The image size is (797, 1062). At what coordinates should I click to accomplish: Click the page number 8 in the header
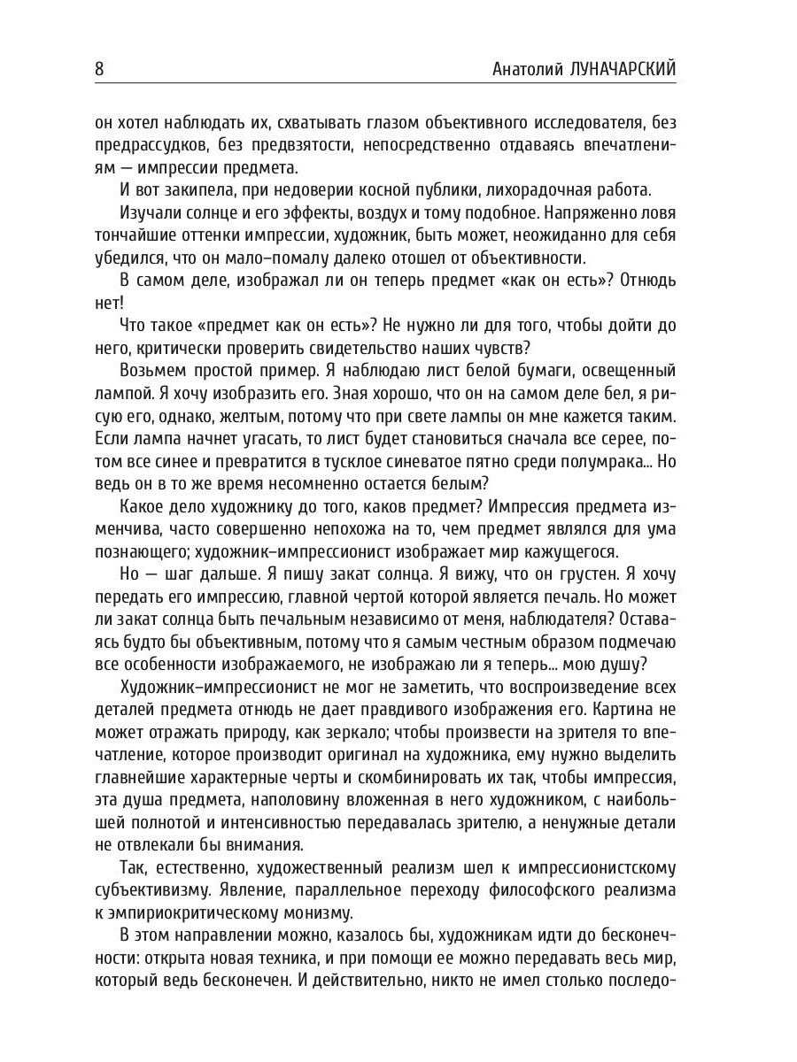click(100, 69)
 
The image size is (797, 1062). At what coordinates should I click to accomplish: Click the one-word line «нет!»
click(109, 301)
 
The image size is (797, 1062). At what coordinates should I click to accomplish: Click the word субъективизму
click(153, 889)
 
